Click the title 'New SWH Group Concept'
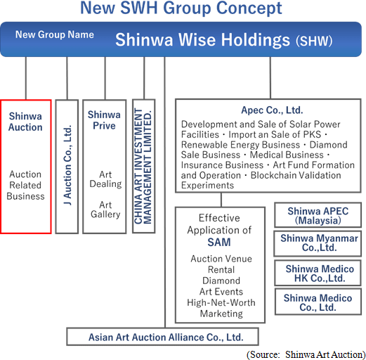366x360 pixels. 181,8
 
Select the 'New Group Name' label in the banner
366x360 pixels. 55,34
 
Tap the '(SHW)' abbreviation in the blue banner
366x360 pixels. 314,41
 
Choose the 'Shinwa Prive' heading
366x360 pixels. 104,120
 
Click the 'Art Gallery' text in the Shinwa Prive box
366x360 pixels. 105,210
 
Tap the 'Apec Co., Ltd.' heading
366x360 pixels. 272,110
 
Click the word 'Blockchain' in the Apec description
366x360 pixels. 277,175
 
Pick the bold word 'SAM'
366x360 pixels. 219,242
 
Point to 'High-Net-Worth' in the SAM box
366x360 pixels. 221,302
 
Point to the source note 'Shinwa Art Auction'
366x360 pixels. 324,355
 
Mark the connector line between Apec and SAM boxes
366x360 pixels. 221,200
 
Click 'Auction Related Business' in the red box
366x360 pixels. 25,185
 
